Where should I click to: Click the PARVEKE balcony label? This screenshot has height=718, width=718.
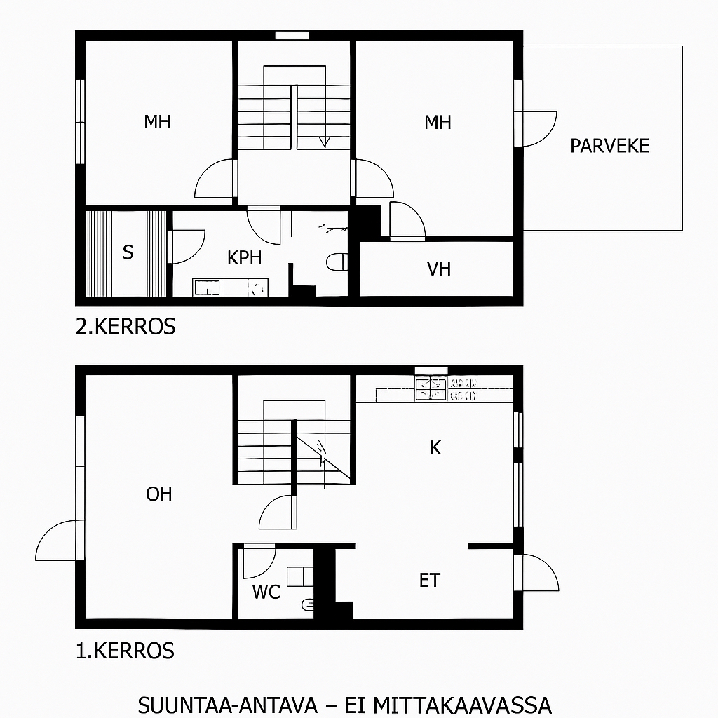609,146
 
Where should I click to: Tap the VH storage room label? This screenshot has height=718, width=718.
439,269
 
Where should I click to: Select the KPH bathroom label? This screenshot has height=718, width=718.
245,258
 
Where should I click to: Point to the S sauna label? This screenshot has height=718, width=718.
128,252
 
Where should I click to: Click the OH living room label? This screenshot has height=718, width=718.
159,494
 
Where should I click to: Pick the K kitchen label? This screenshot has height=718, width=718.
435,447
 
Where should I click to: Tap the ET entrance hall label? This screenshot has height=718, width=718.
430,580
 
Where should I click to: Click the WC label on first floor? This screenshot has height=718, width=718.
266,592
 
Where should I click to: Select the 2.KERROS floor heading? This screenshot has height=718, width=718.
126,327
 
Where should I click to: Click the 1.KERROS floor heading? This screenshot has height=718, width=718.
125,651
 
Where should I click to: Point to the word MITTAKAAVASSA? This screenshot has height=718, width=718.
463,705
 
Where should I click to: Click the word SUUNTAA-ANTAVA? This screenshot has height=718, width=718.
228,705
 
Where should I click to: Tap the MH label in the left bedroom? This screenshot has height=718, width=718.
157,122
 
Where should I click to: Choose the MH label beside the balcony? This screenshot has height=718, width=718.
438,122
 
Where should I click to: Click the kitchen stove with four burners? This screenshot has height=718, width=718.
431,388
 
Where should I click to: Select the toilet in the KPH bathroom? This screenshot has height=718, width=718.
337,262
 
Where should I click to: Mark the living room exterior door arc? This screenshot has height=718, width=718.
47,533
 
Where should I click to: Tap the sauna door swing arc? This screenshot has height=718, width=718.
196,251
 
